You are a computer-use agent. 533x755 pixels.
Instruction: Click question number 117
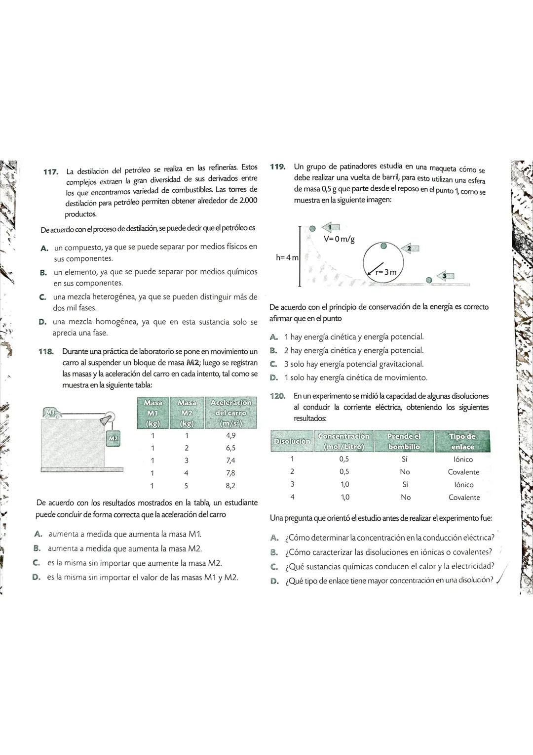pyautogui.click(x=50, y=172)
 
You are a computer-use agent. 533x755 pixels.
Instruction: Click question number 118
pyautogui.click(x=46, y=352)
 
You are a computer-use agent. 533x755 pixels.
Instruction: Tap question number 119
pyautogui.click(x=278, y=167)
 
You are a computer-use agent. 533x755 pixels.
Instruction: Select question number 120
pyautogui.click(x=278, y=396)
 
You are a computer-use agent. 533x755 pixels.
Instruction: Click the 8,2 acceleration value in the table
pyautogui.click(x=230, y=485)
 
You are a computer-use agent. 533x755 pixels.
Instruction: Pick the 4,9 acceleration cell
pyautogui.click(x=230, y=435)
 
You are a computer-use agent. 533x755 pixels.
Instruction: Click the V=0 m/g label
pyautogui.click(x=339, y=239)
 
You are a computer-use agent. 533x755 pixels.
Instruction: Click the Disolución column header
pyautogui.click(x=292, y=441)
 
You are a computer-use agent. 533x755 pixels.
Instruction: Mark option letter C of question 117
pyautogui.click(x=43, y=297)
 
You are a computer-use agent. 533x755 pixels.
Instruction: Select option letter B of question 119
pyautogui.click(x=273, y=350)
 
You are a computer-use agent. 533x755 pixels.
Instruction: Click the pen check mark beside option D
pyautogui.click(x=502, y=581)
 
